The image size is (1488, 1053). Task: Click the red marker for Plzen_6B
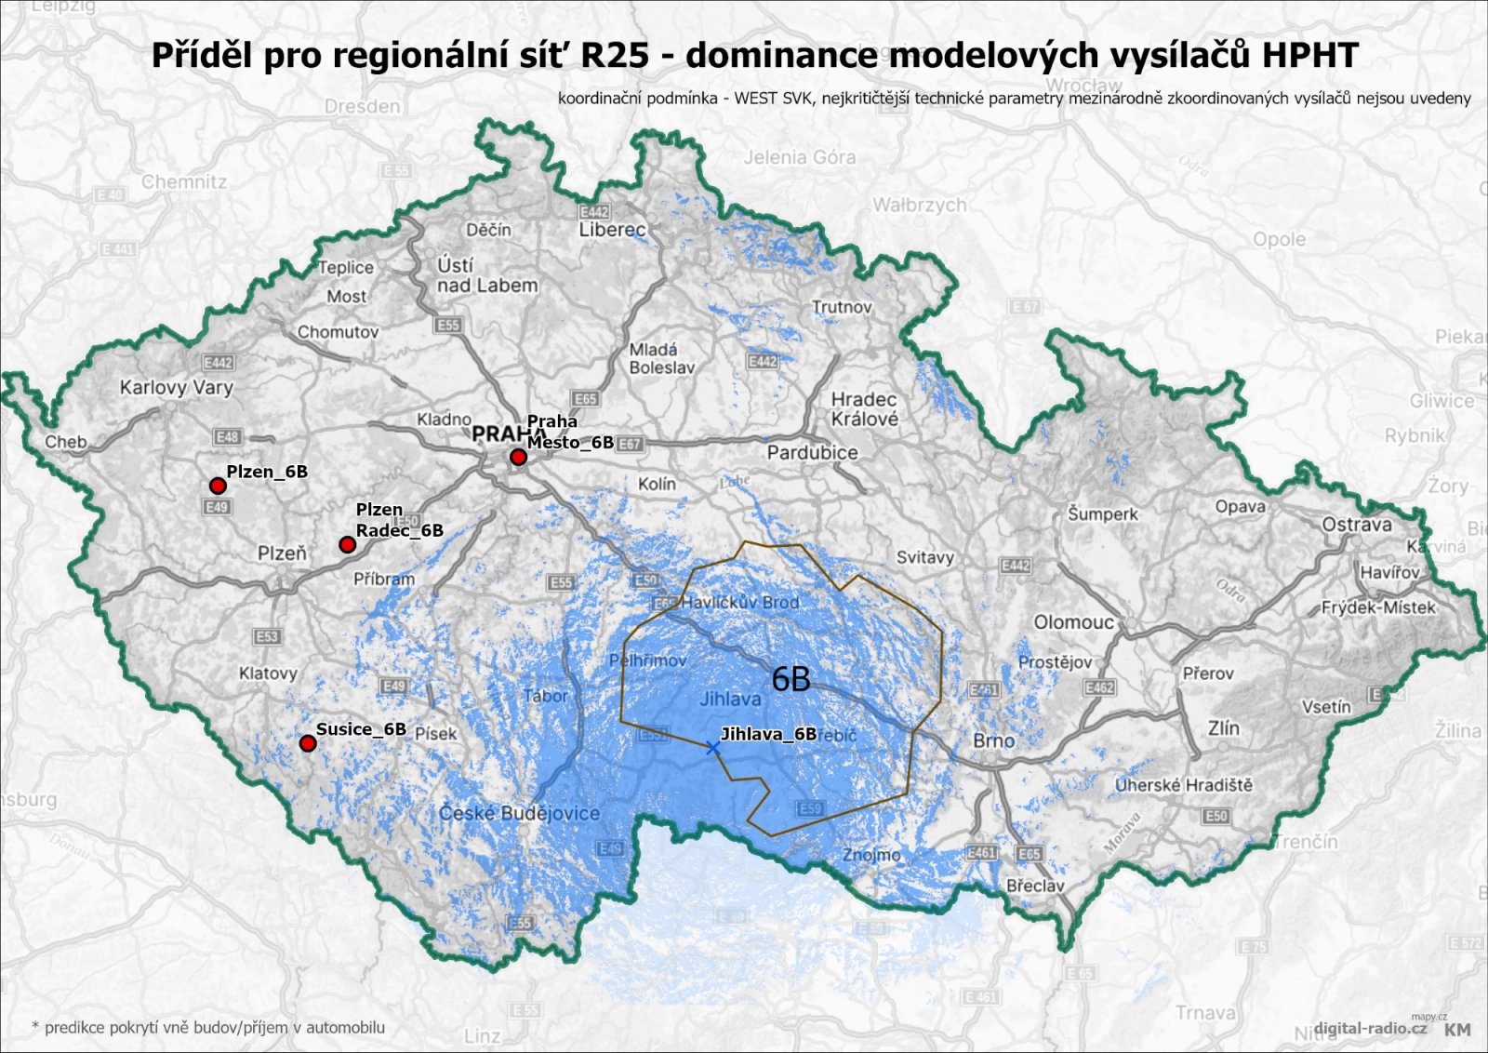click(218, 486)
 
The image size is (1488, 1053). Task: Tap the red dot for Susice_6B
click(308, 743)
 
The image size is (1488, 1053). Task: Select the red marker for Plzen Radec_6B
click(347, 545)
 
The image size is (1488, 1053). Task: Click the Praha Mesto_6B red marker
click(518, 458)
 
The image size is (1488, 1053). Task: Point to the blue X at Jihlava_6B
click(712, 748)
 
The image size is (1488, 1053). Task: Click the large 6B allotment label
click(791, 680)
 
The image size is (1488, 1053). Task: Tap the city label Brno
click(993, 740)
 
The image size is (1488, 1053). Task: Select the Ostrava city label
click(1357, 525)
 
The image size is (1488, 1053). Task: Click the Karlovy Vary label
click(176, 387)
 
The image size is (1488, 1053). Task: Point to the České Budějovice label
click(519, 813)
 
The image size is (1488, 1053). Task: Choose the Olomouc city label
click(1073, 622)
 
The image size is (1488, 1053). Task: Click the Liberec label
click(612, 230)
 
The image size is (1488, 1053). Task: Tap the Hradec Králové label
click(864, 409)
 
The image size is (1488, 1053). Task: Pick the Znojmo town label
click(871, 855)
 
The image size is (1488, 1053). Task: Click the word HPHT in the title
click(1309, 55)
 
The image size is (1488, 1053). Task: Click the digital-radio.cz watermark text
click(1370, 1028)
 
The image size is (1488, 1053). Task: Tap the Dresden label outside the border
click(362, 106)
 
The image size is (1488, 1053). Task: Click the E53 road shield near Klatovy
click(267, 637)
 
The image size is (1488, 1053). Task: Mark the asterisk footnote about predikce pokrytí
click(208, 1028)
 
